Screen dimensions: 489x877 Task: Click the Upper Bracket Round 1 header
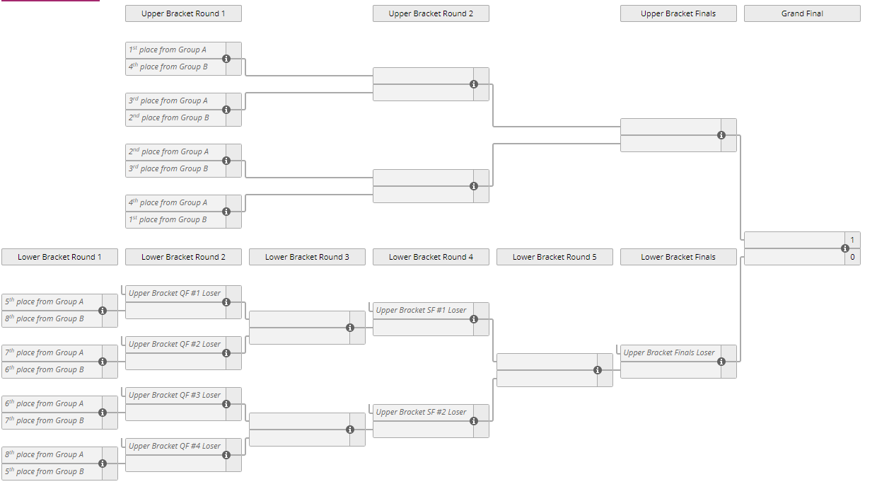pyautogui.click(x=183, y=13)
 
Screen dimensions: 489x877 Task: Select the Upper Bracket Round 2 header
pyautogui.click(x=431, y=13)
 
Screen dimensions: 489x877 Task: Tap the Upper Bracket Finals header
pyautogui.click(x=678, y=13)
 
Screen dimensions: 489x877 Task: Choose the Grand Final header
pyautogui.click(x=802, y=13)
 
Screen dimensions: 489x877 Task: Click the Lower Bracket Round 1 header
pyautogui.click(x=59, y=257)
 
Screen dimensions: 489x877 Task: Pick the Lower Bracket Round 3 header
pyautogui.click(x=307, y=257)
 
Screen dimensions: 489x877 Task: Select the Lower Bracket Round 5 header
pyautogui.click(x=554, y=257)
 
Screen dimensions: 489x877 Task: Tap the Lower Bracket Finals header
pyautogui.click(x=678, y=257)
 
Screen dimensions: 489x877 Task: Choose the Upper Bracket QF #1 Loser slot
pyautogui.click(x=175, y=293)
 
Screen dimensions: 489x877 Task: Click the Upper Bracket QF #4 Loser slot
pyautogui.click(x=175, y=446)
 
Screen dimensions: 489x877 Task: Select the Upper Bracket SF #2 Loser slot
pyautogui.click(x=422, y=412)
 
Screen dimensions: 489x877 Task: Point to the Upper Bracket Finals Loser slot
pyautogui.click(x=670, y=352)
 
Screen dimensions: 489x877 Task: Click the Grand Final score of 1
pyautogui.click(x=852, y=240)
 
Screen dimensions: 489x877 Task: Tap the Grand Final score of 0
pyautogui.click(x=852, y=257)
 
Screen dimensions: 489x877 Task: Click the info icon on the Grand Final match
pyautogui.click(x=845, y=248)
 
